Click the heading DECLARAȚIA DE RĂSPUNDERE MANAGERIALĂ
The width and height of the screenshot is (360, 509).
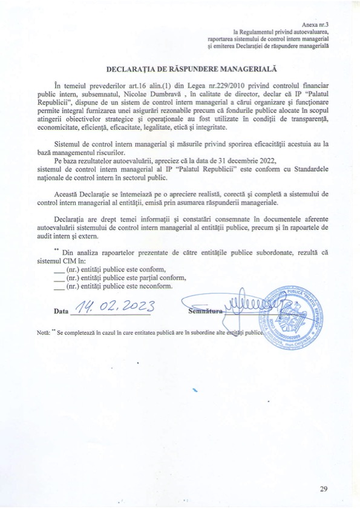[x=180, y=70]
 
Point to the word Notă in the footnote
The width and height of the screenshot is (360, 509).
[x=43, y=333]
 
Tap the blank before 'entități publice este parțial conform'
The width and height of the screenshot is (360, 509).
[x=59, y=279]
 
